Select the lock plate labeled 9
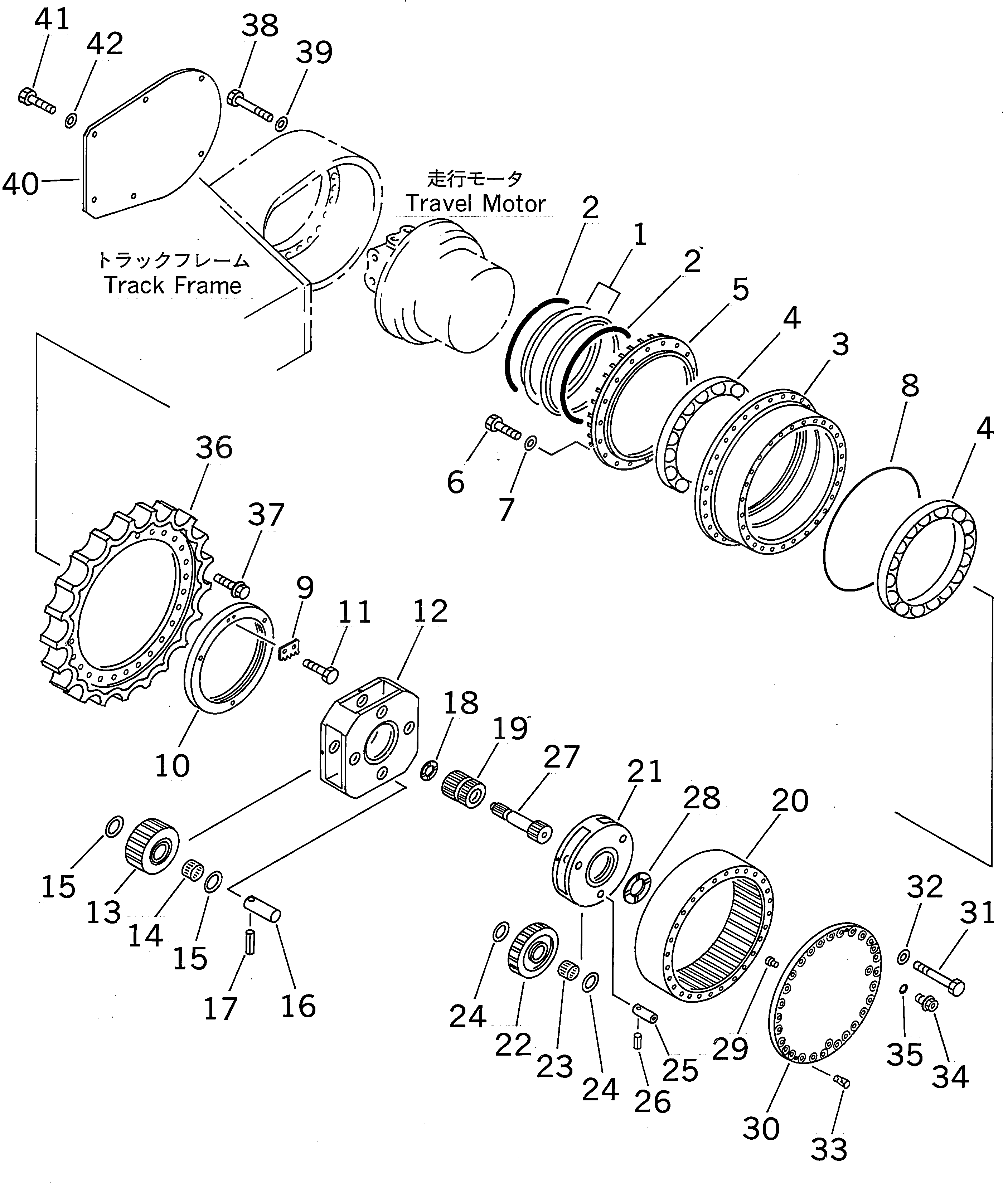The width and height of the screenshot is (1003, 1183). pos(290,649)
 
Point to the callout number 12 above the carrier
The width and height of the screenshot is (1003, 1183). pos(430,612)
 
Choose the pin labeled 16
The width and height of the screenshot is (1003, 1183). pos(262,908)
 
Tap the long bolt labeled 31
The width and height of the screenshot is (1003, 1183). pos(938,978)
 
